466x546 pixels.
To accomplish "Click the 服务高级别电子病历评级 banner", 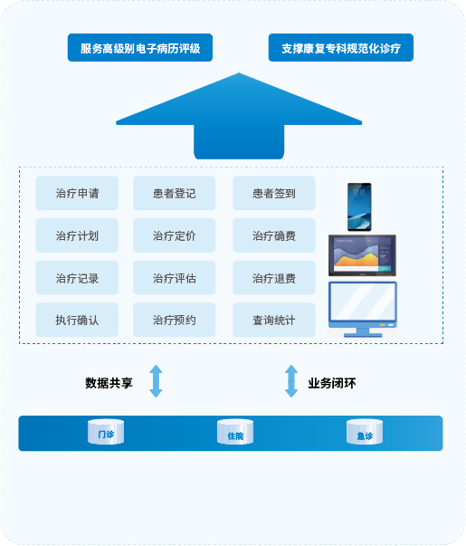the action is point(140,48).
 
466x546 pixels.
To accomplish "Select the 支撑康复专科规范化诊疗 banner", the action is point(341,48).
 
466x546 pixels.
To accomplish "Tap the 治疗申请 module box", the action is point(77,193).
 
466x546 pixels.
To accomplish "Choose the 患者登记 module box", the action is point(174,193).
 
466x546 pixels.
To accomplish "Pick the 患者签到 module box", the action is point(274,193).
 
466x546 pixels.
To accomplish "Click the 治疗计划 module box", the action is point(77,235).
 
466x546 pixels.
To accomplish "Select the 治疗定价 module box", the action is point(174,235).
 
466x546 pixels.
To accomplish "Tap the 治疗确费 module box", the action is point(274,235).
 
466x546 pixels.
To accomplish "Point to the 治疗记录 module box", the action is point(77,278).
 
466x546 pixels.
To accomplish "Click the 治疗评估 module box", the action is point(174,278).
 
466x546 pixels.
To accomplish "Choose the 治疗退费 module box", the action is point(274,278).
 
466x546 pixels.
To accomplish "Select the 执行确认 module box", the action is point(77,320).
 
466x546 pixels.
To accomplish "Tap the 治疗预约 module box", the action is point(174,320).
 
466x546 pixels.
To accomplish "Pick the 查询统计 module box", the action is point(274,320).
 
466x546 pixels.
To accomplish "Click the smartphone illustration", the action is point(359,206).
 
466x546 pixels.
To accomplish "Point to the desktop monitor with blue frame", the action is point(363,310).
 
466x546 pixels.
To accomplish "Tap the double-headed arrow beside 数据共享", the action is point(156,381).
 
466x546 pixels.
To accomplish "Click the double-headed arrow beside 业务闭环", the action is point(291,381).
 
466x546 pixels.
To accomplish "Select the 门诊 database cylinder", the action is point(106,432).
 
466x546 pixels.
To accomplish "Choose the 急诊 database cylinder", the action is point(365,432).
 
